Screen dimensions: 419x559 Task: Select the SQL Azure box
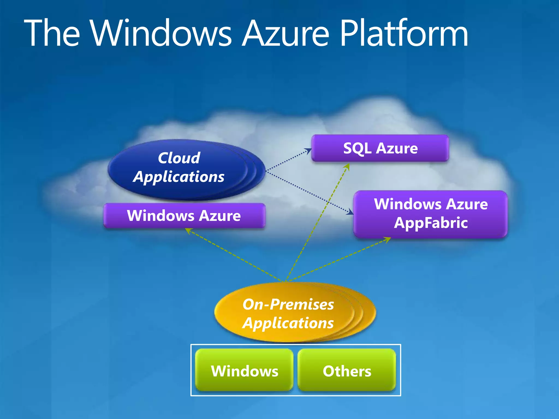pyautogui.click(x=380, y=148)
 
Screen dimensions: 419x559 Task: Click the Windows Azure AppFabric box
pyautogui.click(x=430, y=214)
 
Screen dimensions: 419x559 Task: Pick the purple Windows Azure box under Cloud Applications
pyautogui.click(x=184, y=216)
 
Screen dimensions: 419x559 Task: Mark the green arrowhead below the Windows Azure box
pyautogui.click(x=188, y=231)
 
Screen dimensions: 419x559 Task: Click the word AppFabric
pyautogui.click(x=431, y=223)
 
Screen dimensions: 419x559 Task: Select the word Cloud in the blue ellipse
pyautogui.click(x=179, y=158)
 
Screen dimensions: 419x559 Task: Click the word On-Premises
pyautogui.click(x=288, y=304)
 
